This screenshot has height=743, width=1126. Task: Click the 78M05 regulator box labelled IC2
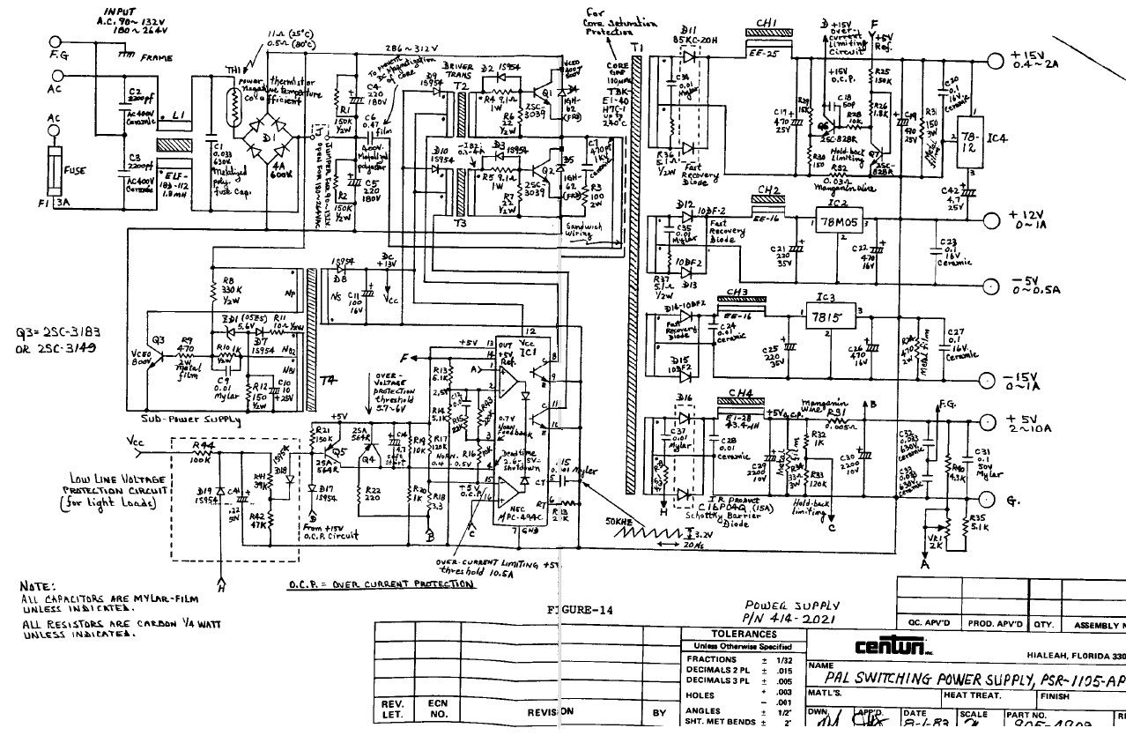point(837,220)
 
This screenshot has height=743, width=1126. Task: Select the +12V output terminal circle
point(989,219)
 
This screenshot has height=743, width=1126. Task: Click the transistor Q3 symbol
point(159,350)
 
